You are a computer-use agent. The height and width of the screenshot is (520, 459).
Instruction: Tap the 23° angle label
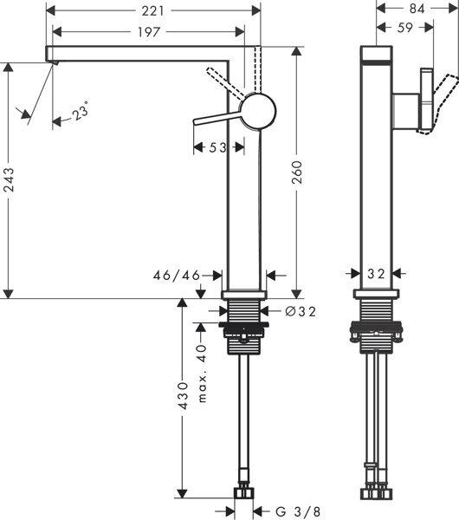coord(80,112)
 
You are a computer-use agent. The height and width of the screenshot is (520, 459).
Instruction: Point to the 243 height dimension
coord(10,179)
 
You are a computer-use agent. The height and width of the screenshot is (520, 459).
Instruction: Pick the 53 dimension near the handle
coord(217,148)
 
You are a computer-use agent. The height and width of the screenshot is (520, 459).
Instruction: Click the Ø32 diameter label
coord(300,309)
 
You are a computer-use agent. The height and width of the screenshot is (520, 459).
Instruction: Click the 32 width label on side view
coord(375,274)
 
